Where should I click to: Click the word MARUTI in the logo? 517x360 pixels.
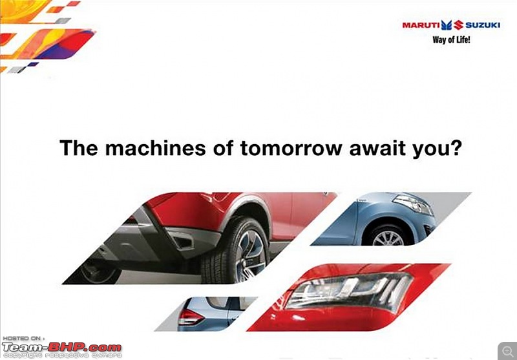pyautogui.click(x=421, y=25)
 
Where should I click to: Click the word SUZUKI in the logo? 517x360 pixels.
pyautogui.click(x=482, y=25)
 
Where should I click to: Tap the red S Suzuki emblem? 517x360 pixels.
pyautogui.click(x=458, y=25)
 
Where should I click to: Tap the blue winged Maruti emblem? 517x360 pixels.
pyautogui.click(x=447, y=25)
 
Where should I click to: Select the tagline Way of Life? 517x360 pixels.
pyautogui.click(x=451, y=40)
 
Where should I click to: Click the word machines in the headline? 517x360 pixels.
pyautogui.click(x=155, y=148)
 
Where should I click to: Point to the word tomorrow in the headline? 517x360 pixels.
pyautogui.click(x=291, y=149)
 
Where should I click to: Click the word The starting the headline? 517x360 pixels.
pyautogui.click(x=78, y=148)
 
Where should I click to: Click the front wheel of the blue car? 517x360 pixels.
pyautogui.click(x=388, y=236)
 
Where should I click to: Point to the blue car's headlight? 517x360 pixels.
pyautogui.click(x=413, y=204)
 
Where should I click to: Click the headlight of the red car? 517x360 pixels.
pyautogui.click(x=349, y=291)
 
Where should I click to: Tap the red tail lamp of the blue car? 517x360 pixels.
pyautogui.click(x=190, y=317)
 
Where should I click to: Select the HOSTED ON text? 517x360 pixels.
pyautogui.click(x=23, y=339)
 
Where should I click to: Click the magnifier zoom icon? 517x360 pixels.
pyautogui.click(x=507, y=350)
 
